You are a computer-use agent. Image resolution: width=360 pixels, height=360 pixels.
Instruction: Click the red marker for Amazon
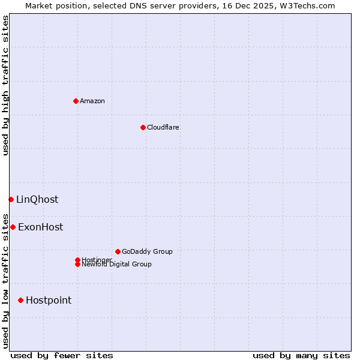coord(76,101)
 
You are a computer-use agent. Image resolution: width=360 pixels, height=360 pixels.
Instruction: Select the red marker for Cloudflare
coord(143,127)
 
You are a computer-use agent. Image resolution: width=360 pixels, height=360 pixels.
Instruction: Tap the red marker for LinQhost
coord(11,199)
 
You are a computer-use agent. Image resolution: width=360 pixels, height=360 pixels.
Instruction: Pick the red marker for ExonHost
coord(13,227)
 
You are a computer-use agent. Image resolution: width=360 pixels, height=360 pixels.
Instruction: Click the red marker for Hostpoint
coord(20,300)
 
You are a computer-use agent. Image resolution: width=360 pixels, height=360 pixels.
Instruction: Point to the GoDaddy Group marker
coord(118,251)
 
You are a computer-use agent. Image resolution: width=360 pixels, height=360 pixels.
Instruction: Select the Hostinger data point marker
coord(77,260)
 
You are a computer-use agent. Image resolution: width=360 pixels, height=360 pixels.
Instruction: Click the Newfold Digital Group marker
coord(77,265)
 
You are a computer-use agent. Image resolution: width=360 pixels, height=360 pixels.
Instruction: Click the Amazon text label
coord(92,101)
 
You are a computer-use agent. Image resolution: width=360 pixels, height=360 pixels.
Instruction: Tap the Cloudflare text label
coord(163,127)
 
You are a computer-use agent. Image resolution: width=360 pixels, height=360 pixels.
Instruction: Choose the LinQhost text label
coord(37,200)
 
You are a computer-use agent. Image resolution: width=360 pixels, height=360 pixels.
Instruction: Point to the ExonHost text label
coord(40,227)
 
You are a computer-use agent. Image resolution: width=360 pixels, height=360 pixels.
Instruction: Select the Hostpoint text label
coord(49,301)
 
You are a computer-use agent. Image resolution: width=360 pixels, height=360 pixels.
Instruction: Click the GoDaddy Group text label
coord(147,251)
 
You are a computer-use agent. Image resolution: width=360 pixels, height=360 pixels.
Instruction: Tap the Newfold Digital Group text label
coord(117,265)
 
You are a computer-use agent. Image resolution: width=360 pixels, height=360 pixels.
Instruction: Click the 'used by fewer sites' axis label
coord(62,355)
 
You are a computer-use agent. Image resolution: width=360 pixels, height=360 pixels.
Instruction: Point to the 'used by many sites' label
coord(301,355)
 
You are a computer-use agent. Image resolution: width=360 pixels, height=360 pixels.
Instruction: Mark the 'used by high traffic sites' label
coord(5,85)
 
